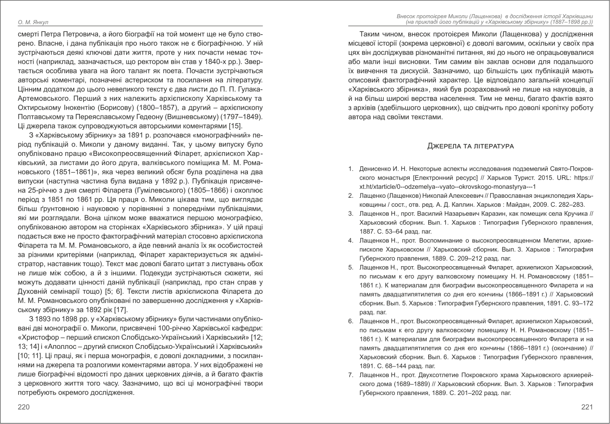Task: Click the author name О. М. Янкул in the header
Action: coord(29,22)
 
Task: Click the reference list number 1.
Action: coord(351,169)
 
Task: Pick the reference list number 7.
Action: coord(351,375)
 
